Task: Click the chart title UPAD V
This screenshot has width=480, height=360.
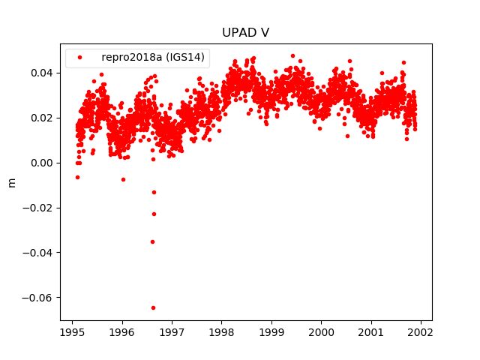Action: click(245, 33)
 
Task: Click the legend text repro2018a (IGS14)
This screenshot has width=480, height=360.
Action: click(153, 57)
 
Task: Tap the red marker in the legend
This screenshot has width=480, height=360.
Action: click(79, 57)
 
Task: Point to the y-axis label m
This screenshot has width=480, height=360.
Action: click(11, 182)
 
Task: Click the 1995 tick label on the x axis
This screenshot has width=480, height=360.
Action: click(72, 331)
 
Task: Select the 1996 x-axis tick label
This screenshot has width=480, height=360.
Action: click(122, 331)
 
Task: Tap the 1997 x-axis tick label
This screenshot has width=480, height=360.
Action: click(172, 331)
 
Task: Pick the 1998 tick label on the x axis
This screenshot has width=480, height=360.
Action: click(221, 331)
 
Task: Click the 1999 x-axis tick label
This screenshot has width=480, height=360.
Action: click(271, 331)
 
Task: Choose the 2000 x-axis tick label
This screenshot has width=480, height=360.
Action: click(321, 331)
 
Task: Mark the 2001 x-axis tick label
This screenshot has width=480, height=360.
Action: click(371, 331)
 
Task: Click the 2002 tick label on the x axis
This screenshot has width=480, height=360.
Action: click(421, 331)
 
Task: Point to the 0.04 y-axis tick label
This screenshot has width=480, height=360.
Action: click(41, 73)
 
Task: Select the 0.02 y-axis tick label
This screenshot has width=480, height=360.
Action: click(41, 118)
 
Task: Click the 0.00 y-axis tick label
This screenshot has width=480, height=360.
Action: click(41, 163)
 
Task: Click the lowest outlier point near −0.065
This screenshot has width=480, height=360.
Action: click(153, 307)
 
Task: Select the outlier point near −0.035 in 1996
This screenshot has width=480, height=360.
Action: click(152, 241)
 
